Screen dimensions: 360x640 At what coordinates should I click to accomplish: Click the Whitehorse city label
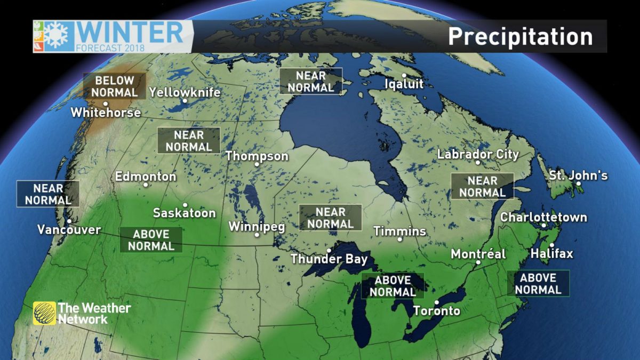coord(106,113)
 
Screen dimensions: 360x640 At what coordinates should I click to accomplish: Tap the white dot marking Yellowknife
coord(185,101)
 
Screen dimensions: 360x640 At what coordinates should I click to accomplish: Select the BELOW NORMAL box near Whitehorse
coord(114,86)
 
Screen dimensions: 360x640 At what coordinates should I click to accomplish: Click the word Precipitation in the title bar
coord(520,36)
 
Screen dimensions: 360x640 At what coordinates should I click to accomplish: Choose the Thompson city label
coord(257,156)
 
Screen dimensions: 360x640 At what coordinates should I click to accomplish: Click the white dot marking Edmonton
coord(146,185)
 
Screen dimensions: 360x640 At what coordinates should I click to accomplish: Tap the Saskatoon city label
coord(185,213)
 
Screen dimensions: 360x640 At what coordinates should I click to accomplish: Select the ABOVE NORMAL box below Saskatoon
coord(151,240)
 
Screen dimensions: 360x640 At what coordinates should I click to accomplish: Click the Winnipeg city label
coord(257,227)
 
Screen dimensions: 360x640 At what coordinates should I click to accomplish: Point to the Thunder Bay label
coord(329,259)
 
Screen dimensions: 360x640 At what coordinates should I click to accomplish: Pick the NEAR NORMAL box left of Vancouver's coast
coord(48,194)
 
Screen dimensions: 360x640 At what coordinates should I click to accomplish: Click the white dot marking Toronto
coord(436,302)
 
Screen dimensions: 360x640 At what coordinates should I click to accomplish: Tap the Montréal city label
coord(478,254)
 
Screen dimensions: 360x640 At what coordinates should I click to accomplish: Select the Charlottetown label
coord(543,218)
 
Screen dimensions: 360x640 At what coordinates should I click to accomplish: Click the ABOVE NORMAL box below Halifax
coord(538,284)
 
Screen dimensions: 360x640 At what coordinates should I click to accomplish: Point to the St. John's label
coord(579,175)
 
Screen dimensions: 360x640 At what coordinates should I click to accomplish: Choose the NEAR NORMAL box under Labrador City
coord(482,186)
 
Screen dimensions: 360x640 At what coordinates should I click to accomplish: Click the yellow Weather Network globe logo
coord(44,313)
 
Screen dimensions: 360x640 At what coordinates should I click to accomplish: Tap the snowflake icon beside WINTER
coord(55,36)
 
